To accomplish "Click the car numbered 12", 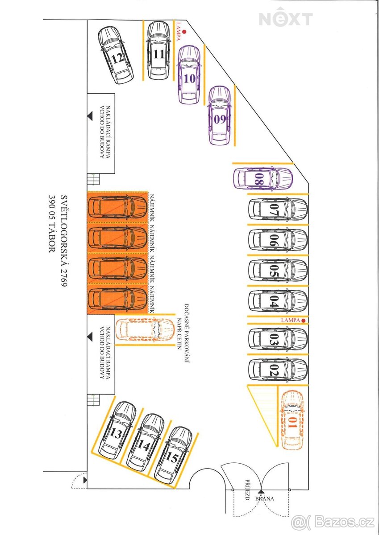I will tap(116, 56).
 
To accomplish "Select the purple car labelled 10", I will tap(189, 74).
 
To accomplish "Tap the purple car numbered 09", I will tap(220, 115).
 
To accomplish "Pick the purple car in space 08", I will tap(262, 179).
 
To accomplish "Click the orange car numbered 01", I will tap(292, 419).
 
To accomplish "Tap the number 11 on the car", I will tap(158, 55).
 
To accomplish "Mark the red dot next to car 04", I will tap(303, 320).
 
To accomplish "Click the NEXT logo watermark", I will tap(286, 19).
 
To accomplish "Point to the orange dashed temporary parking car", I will tap(144, 329).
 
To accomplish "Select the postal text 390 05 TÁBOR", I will tap(52, 223).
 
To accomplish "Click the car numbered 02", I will tap(278, 370).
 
